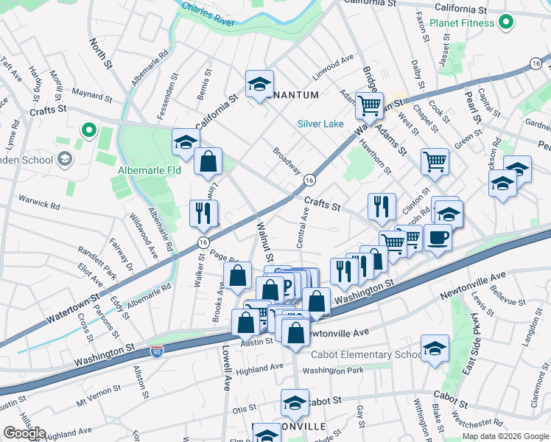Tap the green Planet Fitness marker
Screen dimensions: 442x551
[505, 23]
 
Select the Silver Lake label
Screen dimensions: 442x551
[320, 124]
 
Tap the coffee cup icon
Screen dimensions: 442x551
[438, 238]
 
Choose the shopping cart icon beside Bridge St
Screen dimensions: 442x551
[369, 105]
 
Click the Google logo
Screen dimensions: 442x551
[24, 432]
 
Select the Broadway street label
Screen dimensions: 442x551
[287, 160]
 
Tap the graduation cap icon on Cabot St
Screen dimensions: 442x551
[294, 403]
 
